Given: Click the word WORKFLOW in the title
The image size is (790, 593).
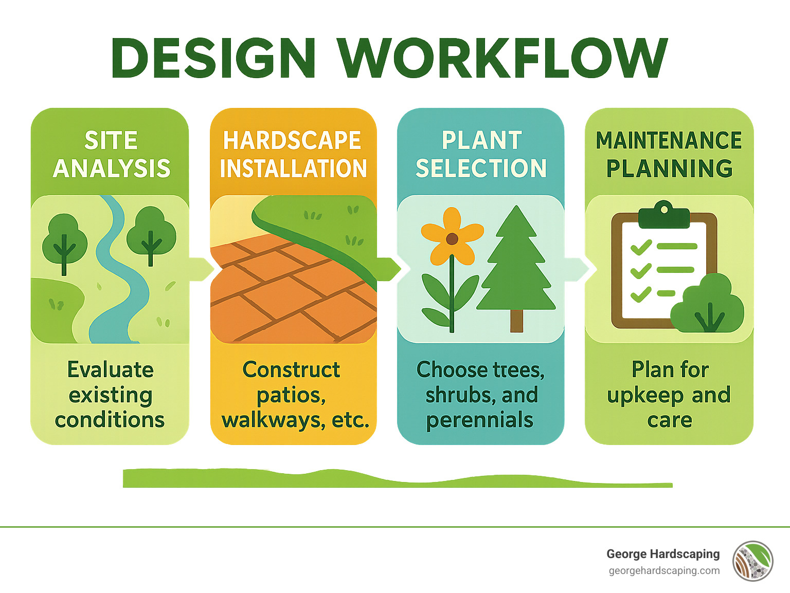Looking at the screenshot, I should click(x=502, y=58).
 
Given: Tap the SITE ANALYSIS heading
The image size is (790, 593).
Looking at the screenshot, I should click(x=111, y=154).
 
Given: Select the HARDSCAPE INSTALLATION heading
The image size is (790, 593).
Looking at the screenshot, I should click(x=293, y=154).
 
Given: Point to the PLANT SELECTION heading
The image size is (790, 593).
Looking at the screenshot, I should click(x=481, y=154).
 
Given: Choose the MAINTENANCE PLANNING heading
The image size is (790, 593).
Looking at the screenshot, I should click(x=669, y=154).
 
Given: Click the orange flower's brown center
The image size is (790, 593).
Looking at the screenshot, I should click(x=452, y=238).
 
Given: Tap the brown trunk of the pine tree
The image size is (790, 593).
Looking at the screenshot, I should click(x=516, y=321).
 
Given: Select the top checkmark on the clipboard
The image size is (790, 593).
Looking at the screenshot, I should click(x=641, y=248).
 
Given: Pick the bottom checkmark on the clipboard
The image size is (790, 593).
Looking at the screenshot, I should click(x=641, y=294).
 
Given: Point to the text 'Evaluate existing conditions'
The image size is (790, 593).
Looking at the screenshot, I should click(x=110, y=395).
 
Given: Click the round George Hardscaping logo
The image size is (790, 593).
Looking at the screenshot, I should click(x=753, y=561).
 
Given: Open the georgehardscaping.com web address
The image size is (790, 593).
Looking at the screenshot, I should click(x=664, y=571).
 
